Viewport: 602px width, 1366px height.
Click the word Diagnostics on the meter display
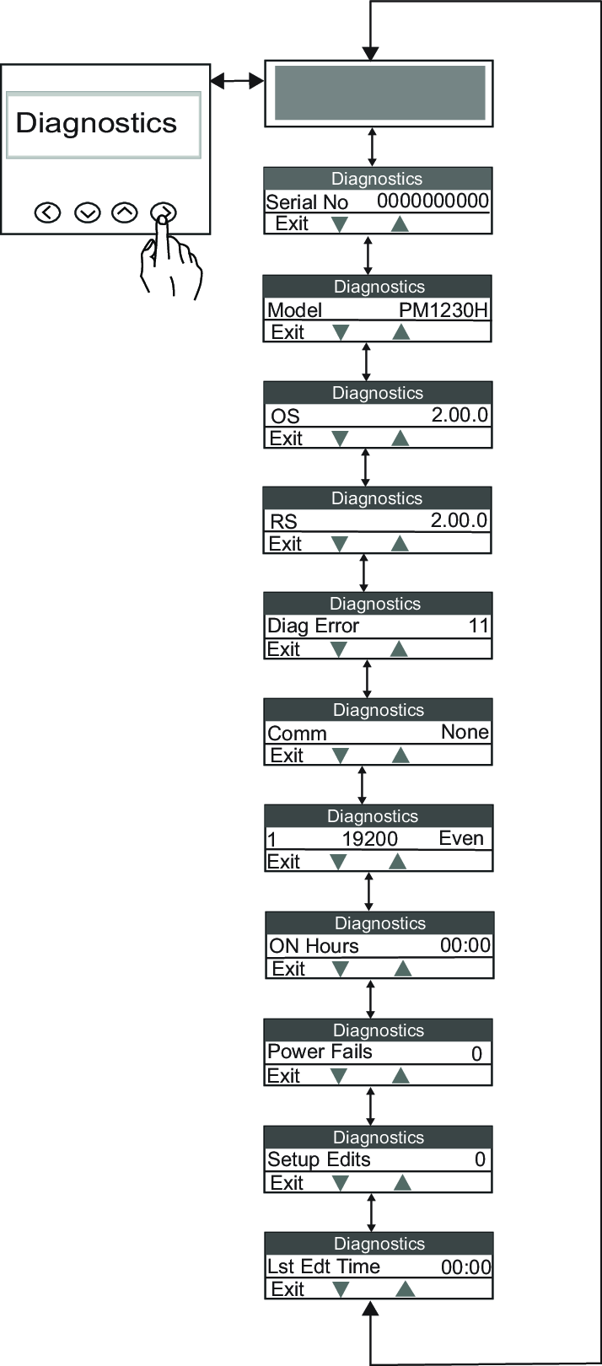click(96, 123)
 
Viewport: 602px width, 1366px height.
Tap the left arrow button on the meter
click(47, 212)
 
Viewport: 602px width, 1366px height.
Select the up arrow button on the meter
click(125, 212)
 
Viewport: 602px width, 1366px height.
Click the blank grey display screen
click(380, 93)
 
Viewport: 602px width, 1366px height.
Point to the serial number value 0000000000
click(433, 201)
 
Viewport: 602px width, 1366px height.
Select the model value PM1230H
click(443, 309)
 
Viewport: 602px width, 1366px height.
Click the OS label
click(285, 416)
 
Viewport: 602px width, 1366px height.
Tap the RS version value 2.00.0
click(459, 520)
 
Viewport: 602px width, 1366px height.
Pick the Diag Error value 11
click(478, 625)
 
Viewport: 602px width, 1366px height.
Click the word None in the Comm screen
click(465, 732)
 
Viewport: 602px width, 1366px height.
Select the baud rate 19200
click(369, 838)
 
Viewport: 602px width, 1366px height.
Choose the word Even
click(461, 838)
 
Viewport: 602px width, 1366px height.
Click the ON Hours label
click(314, 946)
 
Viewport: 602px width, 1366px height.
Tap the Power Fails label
click(320, 1051)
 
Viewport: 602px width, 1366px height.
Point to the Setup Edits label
click(319, 1159)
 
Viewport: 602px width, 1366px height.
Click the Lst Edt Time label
click(323, 1266)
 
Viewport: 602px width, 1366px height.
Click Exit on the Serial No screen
click(292, 223)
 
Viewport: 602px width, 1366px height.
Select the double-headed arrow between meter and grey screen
click(237, 80)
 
